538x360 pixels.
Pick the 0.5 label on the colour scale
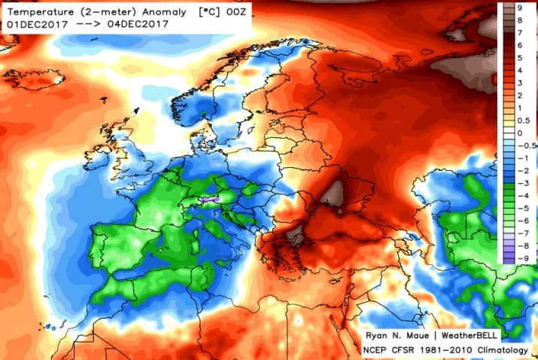tap(521, 121)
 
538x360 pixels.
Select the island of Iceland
tap(34, 78)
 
